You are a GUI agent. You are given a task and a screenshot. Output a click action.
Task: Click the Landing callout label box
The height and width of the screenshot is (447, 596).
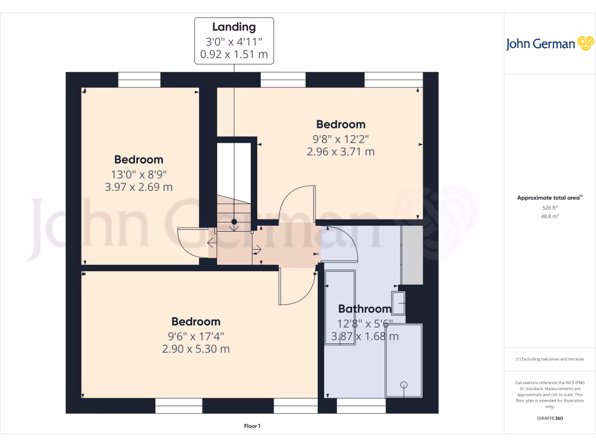click(233, 41)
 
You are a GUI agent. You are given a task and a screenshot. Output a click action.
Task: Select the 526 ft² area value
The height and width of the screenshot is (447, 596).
click(549, 207)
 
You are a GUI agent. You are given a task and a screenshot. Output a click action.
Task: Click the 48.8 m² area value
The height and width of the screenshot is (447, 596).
click(549, 216)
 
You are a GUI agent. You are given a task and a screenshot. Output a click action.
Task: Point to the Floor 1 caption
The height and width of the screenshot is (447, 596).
click(252, 427)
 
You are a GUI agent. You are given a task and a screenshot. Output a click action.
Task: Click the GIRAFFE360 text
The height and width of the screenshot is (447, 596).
click(549, 418)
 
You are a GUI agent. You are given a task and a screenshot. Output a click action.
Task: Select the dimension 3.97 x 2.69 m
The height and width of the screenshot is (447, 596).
click(139, 187)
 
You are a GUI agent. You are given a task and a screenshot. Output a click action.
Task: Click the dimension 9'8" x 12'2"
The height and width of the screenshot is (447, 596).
click(340, 139)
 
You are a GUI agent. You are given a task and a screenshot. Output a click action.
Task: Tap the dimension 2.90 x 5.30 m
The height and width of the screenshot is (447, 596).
click(196, 349)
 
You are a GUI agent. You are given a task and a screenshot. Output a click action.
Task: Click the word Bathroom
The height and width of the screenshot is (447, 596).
click(364, 309)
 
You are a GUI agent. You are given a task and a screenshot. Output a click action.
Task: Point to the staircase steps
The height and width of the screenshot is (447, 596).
click(234, 213)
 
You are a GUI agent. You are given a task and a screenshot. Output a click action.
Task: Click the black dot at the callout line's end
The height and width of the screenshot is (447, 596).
click(234, 222)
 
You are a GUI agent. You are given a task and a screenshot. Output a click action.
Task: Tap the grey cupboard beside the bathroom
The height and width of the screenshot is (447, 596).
click(412, 255)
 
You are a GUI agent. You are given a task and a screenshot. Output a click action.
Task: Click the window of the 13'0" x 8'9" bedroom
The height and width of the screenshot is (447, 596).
click(139, 80)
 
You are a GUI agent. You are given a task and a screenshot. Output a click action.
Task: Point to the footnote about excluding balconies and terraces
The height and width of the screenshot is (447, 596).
click(549, 359)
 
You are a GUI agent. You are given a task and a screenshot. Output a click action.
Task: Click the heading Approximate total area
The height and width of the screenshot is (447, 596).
click(549, 198)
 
